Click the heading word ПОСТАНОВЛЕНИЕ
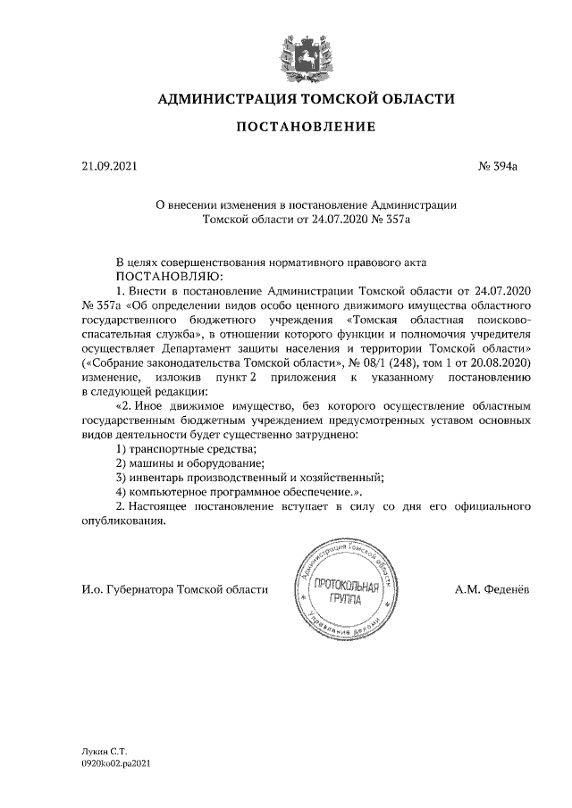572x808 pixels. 305,128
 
